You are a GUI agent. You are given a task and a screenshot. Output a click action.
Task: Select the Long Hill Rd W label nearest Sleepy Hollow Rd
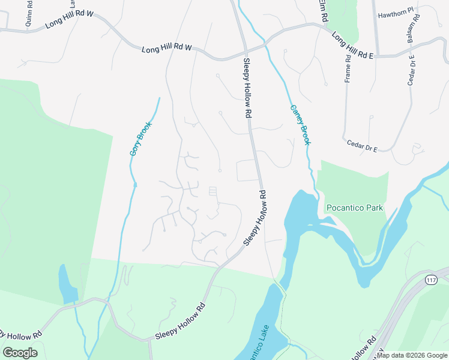[166, 49]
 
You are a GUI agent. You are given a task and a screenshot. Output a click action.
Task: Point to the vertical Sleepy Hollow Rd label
[247, 88]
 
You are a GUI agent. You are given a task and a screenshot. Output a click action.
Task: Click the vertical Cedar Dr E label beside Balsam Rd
[411, 71]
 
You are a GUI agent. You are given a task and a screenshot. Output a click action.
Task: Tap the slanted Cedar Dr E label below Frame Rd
[361, 146]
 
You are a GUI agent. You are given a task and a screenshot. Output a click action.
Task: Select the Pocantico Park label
[354, 208]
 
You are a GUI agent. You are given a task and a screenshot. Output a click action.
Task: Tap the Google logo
[20, 352]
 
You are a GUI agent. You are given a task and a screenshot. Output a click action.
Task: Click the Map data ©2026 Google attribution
[412, 355]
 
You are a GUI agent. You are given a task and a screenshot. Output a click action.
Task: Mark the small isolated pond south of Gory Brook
[68, 284]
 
